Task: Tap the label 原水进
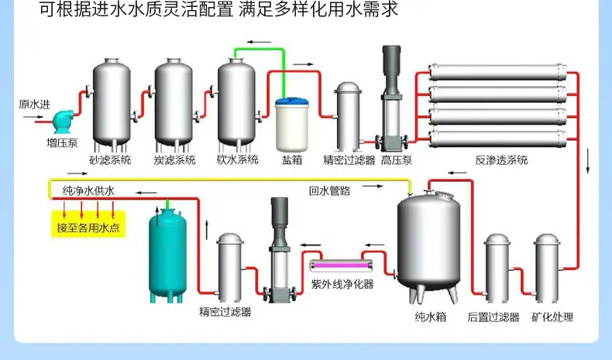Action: tap(35, 105)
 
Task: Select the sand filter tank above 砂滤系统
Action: tap(112, 105)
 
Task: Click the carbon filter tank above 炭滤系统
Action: tap(174, 105)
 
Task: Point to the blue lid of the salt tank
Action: tap(292, 102)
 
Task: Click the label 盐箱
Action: tap(292, 160)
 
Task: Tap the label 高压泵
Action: tap(397, 160)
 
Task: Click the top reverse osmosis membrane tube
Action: tap(497, 72)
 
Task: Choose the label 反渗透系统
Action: tap(501, 160)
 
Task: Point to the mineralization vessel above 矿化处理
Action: tap(547, 268)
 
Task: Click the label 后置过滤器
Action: tap(493, 317)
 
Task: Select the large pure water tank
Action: tap(429, 246)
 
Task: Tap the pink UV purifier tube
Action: tap(342, 266)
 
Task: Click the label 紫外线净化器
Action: tap(342, 284)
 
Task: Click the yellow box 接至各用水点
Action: tap(88, 224)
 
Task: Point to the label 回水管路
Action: tap(330, 190)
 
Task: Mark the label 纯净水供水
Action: tap(88, 190)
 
